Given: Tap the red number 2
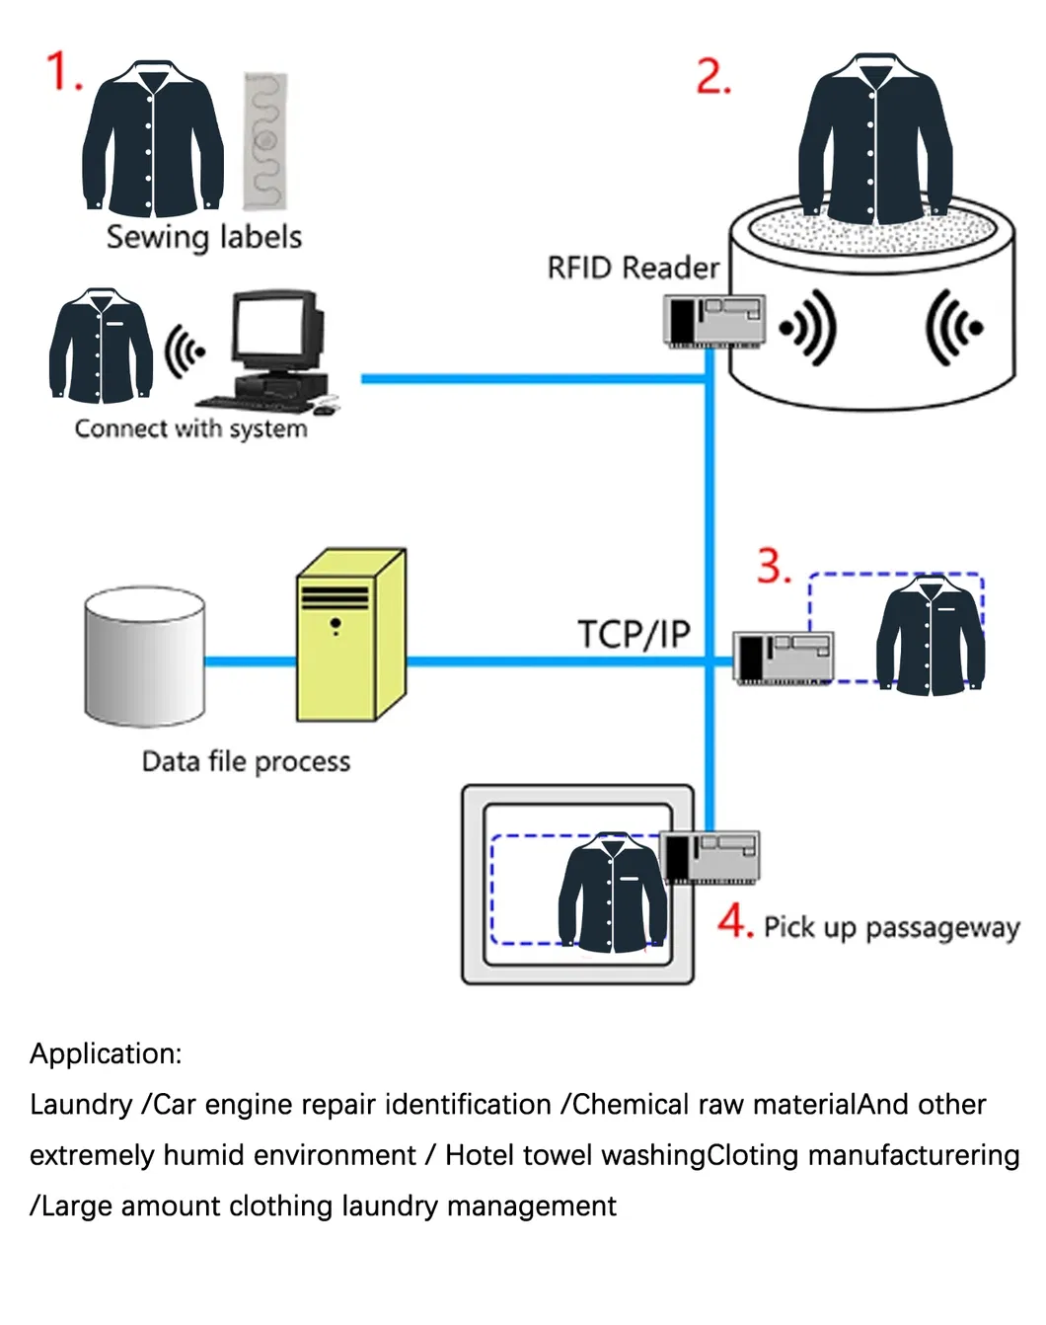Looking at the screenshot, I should (x=712, y=77).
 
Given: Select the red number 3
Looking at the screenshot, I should (x=774, y=567).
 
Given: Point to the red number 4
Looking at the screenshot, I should (x=735, y=921).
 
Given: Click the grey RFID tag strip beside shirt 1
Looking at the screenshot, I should (x=265, y=141).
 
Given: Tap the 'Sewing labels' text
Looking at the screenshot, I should (x=203, y=238).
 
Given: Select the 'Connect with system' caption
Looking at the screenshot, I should (x=190, y=429).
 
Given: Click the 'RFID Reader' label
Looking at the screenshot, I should (x=633, y=268).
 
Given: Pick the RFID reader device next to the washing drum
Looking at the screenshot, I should (x=713, y=322).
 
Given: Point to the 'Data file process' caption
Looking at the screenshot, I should (x=246, y=761).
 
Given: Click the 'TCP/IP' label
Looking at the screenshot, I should (x=634, y=634).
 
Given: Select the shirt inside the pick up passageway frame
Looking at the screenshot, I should (x=612, y=893).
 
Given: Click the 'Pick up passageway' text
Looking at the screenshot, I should (x=891, y=927).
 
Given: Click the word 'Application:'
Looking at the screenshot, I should (x=106, y=1053).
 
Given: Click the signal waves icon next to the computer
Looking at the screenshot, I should (x=184, y=351).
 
